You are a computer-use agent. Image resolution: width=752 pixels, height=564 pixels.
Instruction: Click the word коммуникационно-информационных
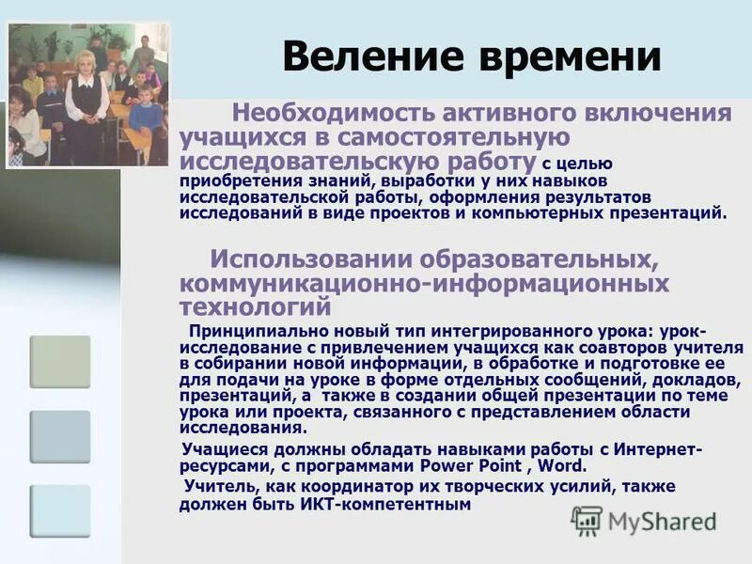(x=424, y=283)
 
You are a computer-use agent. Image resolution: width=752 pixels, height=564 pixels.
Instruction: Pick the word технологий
(x=256, y=306)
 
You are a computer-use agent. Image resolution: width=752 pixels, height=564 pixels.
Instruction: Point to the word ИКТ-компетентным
(x=384, y=504)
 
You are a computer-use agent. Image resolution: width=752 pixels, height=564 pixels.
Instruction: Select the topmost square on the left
(x=60, y=362)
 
